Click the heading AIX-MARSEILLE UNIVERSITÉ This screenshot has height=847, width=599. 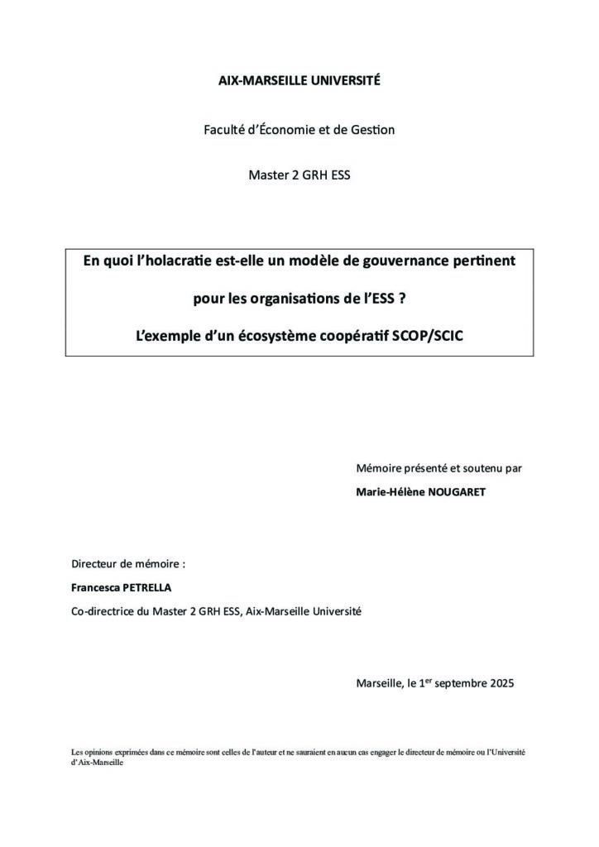coord(299,81)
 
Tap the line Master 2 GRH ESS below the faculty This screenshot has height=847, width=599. coord(299,176)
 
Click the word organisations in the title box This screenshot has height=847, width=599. coord(298,299)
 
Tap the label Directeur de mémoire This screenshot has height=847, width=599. coord(128,564)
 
